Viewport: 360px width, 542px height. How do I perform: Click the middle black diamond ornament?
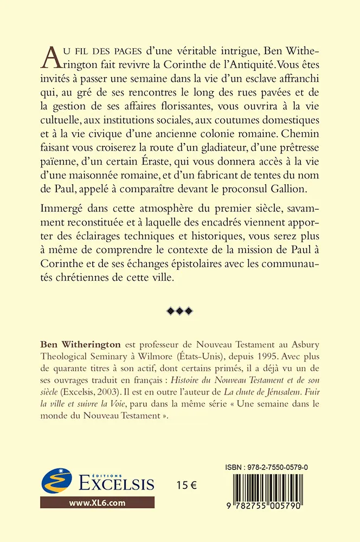pyautogui.click(x=180, y=310)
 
